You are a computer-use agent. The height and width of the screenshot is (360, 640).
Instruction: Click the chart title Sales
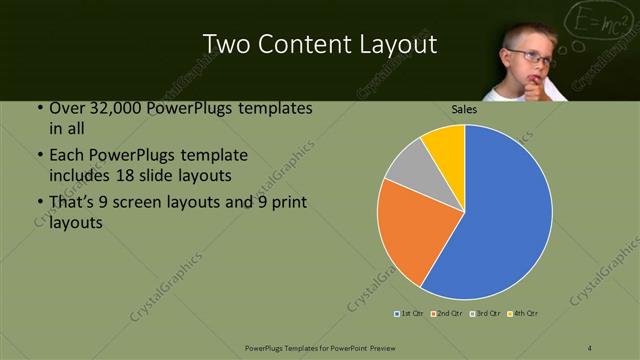coord(464,110)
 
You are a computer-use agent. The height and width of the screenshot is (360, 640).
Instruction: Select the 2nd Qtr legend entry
coord(448,314)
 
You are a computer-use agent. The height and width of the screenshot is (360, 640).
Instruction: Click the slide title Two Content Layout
coord(319,44)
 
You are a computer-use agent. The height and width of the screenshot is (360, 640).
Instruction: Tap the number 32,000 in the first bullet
coord(110,108)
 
